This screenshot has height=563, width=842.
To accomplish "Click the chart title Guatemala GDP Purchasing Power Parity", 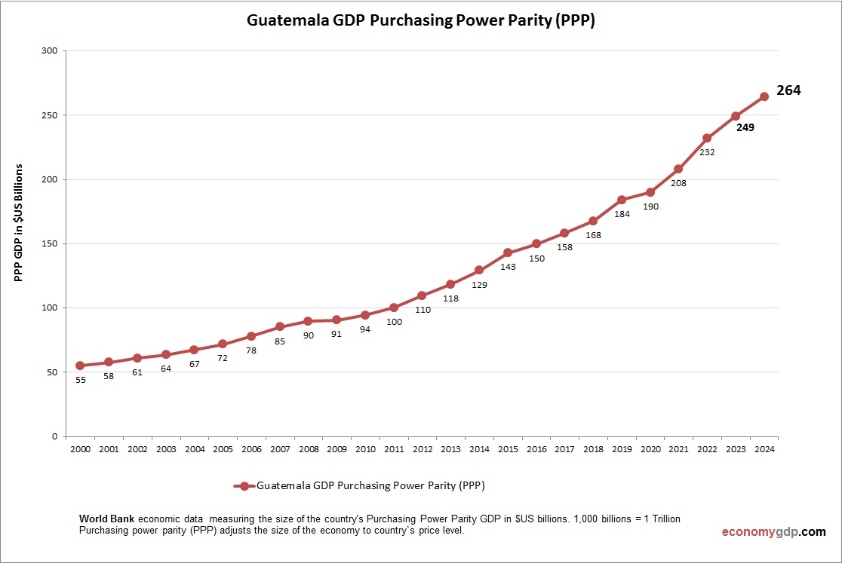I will point(421,21).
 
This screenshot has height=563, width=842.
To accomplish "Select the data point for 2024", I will point(764,96).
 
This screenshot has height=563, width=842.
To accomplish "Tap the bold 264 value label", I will point(788,90).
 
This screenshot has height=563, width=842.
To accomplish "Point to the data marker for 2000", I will point(80,366).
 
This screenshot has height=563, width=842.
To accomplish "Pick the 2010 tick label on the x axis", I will point(365,449).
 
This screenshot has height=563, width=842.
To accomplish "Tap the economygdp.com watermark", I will point(773,532).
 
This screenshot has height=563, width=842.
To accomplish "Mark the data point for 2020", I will point(650,192).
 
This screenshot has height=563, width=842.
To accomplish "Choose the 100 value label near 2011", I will point(394,322).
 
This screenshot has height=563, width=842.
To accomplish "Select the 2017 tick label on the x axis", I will point(564,449).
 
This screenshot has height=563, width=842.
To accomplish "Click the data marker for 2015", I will point(508,252).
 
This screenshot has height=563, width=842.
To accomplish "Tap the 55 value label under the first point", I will point(80,380).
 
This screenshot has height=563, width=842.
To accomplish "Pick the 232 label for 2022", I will point(707,152).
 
